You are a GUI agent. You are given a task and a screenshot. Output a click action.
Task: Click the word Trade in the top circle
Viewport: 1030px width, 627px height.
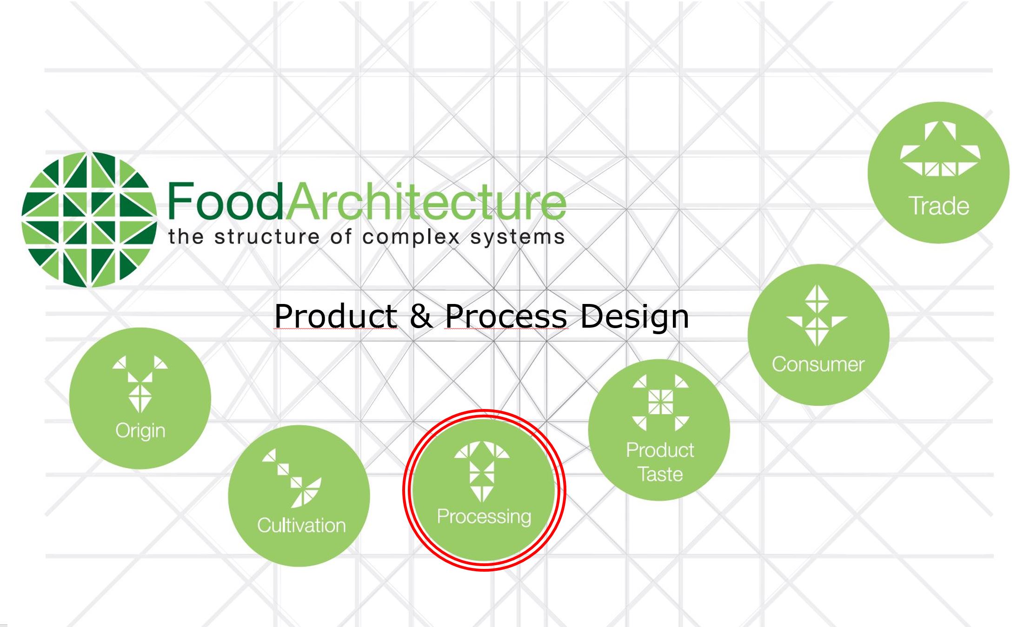[x=938, y=206]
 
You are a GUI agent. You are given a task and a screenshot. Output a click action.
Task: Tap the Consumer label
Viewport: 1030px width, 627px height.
[x=818, y=364]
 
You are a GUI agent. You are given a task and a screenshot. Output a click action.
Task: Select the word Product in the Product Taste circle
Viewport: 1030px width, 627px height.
[x=660, y=450]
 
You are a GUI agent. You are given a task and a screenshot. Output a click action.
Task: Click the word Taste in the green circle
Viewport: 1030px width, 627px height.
[x=660, y=474]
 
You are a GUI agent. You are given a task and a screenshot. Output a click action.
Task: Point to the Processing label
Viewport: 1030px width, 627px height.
[x=484, y=517]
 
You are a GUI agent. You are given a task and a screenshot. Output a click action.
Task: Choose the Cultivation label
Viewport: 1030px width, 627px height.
[x=301, y=525]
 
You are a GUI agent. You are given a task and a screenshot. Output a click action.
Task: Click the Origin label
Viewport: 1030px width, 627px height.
[x=140, y=431]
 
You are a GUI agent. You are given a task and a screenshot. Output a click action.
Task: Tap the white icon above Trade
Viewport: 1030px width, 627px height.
[x=940, y=149]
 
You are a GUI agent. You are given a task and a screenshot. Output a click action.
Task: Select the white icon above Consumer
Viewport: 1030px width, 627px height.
[x=817, y=316]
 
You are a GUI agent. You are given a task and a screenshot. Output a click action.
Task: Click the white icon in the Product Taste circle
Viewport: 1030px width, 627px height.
[x=660, y=402]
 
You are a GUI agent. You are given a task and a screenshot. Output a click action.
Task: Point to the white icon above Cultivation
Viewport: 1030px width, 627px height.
[x=292, y=478]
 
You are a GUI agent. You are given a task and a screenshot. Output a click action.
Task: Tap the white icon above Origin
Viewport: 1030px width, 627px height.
[x=140, y=384]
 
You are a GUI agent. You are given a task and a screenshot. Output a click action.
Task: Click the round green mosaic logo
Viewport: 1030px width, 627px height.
[x=89, y=219]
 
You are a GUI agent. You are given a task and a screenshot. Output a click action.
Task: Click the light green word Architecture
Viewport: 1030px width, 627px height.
[x=425, y=201]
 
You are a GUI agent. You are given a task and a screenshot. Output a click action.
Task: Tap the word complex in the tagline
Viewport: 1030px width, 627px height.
[x=411, y=238]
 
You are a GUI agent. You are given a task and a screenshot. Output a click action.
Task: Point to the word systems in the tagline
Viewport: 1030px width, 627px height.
[x=518, y=238]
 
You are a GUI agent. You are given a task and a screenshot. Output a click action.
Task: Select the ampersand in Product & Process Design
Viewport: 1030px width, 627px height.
[x=421, y=316]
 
